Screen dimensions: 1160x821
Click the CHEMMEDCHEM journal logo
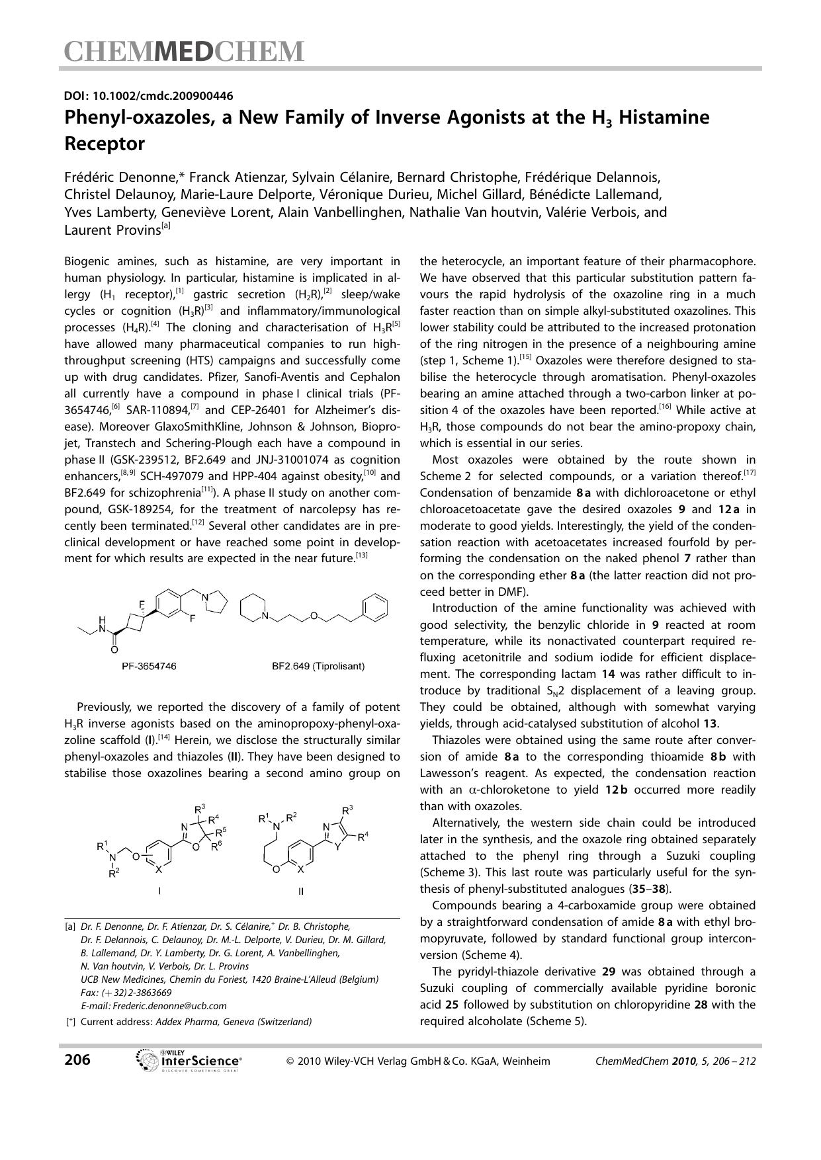point(184,52)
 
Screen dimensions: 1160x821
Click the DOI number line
point(148,96)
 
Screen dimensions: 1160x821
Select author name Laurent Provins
point(112,229)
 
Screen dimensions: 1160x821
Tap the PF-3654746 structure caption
point(149,666)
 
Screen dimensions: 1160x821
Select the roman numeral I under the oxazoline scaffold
point(159,891)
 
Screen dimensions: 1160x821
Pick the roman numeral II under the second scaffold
point(301,891)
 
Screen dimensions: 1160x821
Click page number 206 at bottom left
point(77,1060)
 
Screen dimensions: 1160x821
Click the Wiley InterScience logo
point(189,1060)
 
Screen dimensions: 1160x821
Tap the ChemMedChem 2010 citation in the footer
point(675,1061)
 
